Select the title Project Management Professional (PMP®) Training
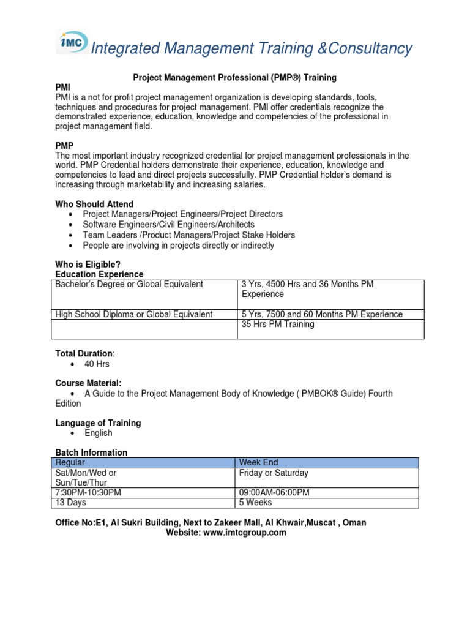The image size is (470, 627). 235,78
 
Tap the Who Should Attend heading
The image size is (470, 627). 94,204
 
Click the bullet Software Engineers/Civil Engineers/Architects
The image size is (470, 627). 169,225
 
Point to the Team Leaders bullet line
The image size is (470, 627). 188,235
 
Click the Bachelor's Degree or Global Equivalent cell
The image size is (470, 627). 129,285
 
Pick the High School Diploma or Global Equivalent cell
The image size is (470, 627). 134,314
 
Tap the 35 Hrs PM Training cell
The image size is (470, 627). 278,324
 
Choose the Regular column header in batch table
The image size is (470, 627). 70,463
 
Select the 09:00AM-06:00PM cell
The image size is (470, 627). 274,493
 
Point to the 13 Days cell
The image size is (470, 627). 71,503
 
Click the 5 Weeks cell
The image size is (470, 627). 256,503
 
